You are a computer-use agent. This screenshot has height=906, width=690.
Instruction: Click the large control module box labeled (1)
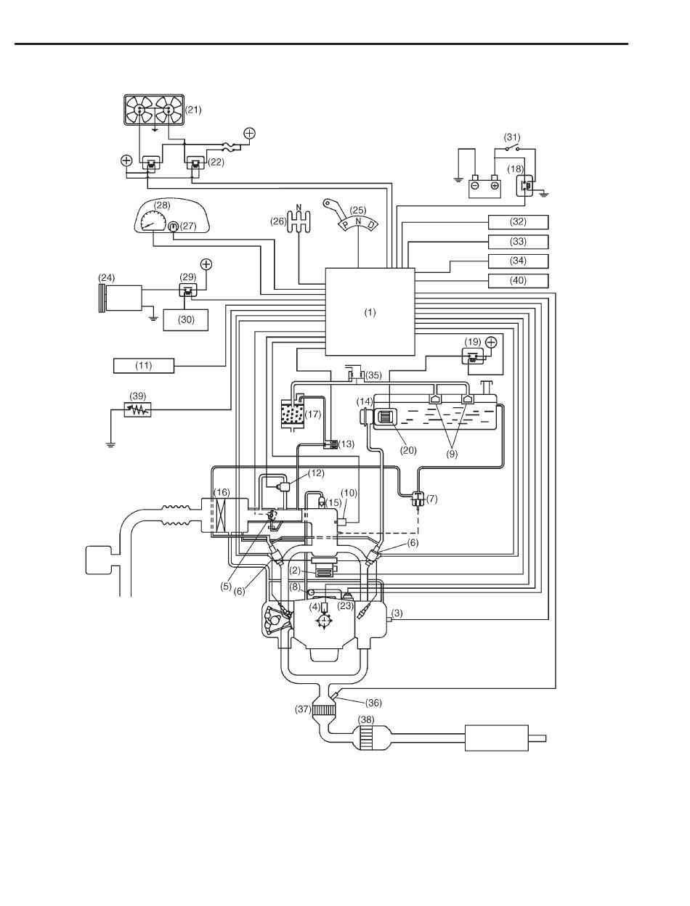[x=370, y=311]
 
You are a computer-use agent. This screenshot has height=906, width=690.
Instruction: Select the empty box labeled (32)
[x=518, y=221]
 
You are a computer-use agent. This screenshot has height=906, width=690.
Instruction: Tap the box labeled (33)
[x=518, y=241]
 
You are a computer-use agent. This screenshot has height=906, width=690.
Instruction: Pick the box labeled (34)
[x=518, y=261]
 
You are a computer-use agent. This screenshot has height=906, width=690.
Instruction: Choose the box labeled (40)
[x=518, y=280]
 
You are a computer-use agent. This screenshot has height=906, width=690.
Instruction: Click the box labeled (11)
[x=144, y=364]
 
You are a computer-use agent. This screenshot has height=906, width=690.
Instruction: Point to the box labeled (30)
[x=184, y=319]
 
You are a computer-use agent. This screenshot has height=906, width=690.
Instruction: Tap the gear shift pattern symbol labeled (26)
[x=299, y=221]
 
